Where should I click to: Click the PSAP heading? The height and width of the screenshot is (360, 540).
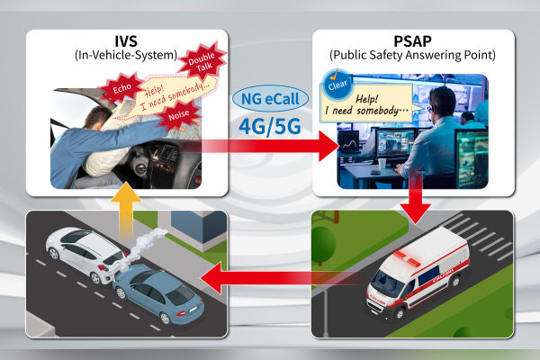click(413, 41)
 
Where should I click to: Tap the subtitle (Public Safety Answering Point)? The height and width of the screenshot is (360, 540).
click(413, 57)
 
